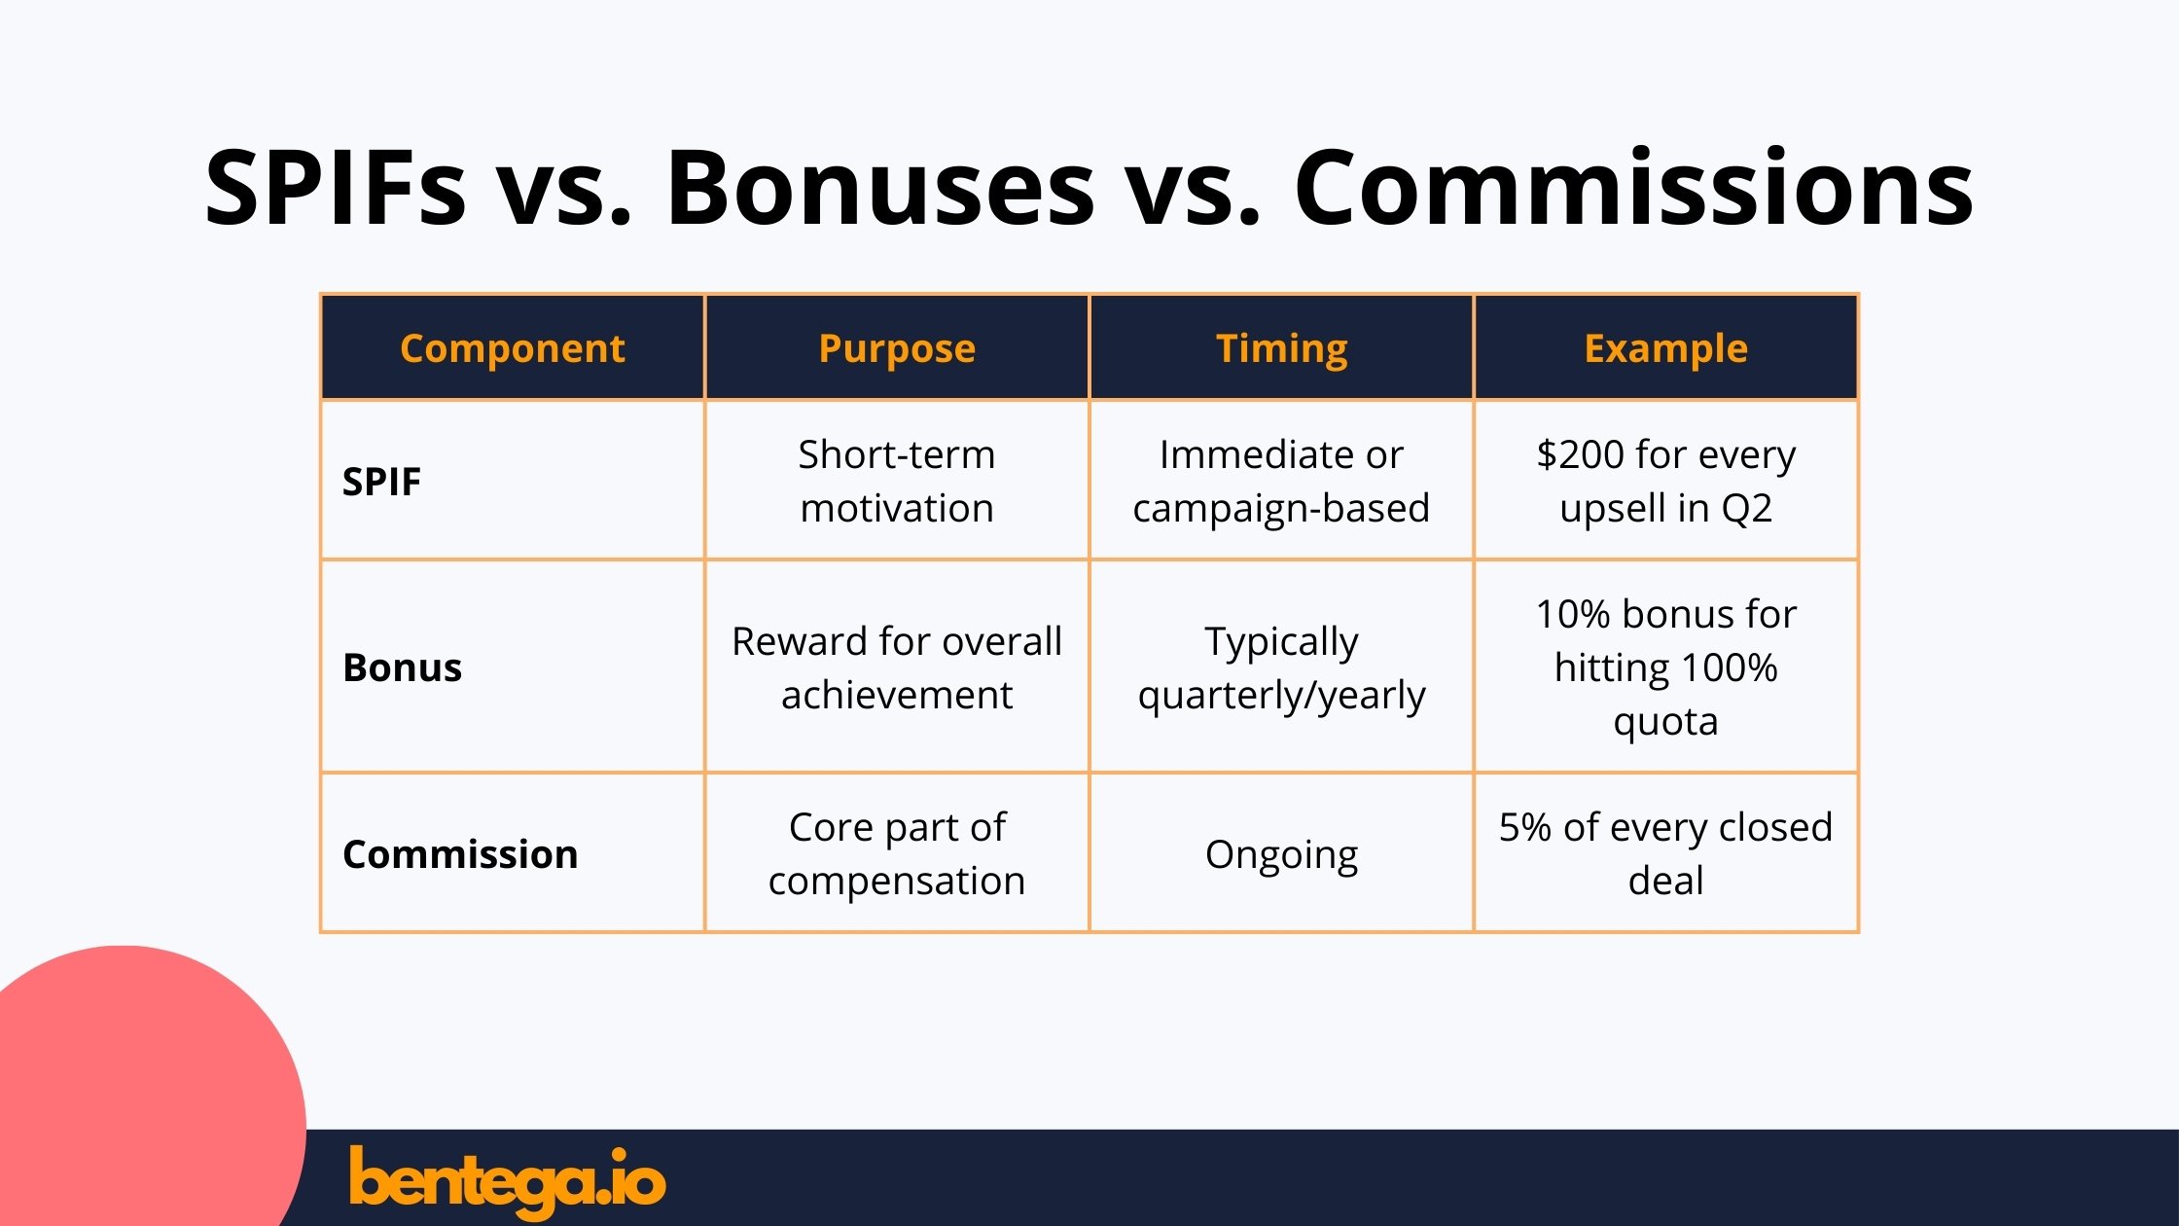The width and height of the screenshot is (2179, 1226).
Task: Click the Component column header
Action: pos(512,348)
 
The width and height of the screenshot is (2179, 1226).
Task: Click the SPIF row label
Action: pos(381,482)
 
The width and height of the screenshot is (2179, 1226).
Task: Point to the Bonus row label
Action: pos(402,667)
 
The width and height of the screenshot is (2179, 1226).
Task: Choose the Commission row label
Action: pos(460,854)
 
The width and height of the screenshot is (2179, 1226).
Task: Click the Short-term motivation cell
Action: pos(897,481)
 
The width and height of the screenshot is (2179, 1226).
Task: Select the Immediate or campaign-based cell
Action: pos(1281,481)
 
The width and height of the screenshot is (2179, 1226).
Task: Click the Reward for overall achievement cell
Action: pos(897,667)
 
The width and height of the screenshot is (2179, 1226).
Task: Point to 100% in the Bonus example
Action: pos(1729,667)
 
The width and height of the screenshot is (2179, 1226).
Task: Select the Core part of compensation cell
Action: pos(897,853)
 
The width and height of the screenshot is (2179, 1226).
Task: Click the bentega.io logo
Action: pos(507,1181)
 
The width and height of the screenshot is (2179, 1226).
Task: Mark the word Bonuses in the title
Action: pos(880,187)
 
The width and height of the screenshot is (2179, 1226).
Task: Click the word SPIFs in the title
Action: pos(336,187)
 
